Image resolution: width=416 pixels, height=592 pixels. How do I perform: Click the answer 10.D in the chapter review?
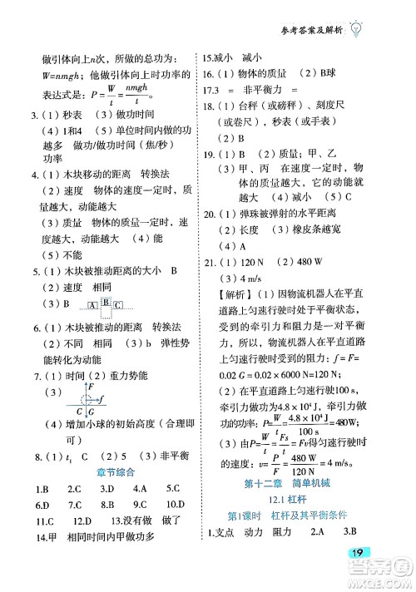(x=174, y=505)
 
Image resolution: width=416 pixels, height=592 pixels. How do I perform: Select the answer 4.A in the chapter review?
(x=139, y=488)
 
